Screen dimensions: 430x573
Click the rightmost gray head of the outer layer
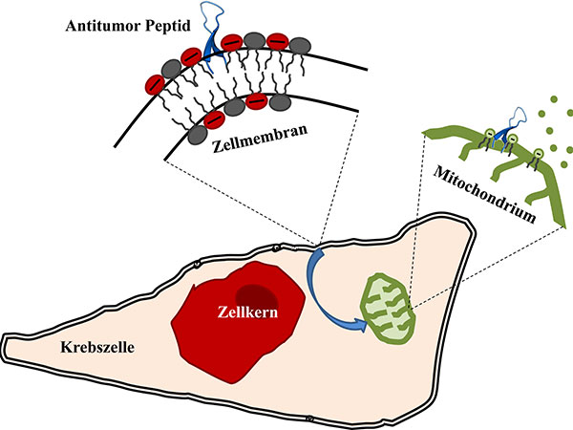(x=300, y=45)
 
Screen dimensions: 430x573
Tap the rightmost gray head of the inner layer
(x=281, y=99)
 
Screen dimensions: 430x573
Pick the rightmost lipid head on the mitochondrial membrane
(x=541, y=151)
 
